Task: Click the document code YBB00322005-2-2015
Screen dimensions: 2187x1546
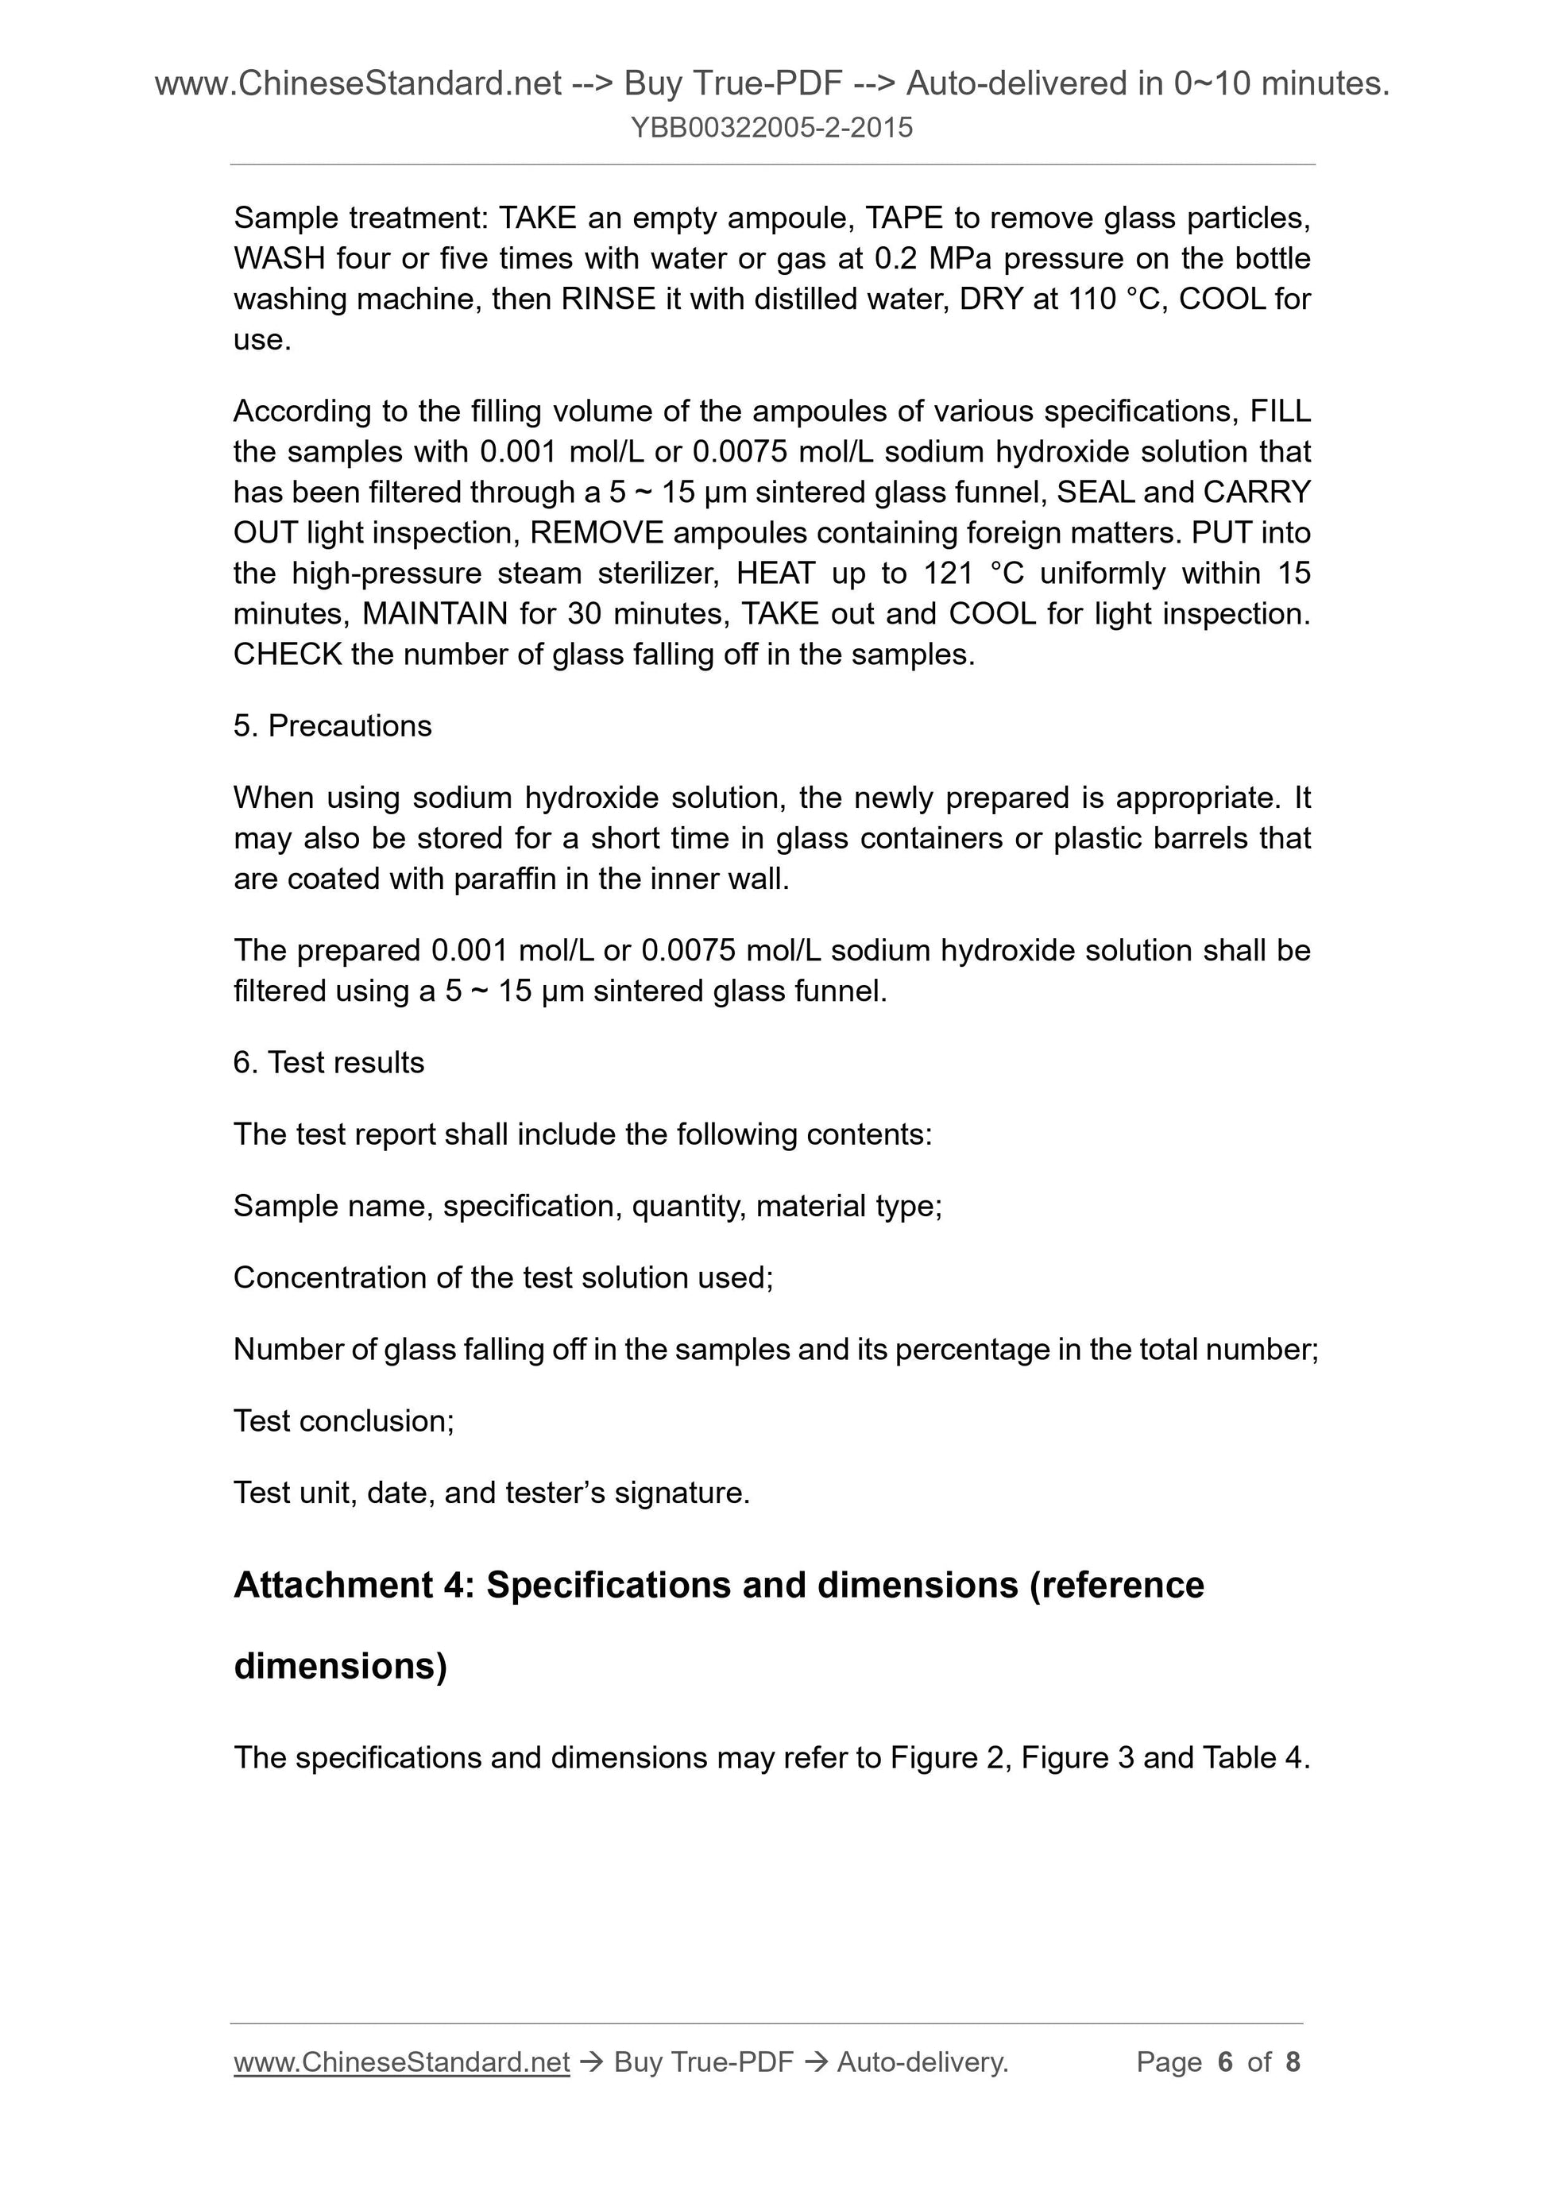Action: pyautogui.click(x=771, y=128)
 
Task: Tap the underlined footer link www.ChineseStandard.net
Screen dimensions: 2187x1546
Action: pyautogui.click(x=401, y=2062)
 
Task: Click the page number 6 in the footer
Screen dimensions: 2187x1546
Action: pyautogui.click(x=1225, y=2062)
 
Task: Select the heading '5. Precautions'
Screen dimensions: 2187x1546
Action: pyautogui.click(x=332, y=726)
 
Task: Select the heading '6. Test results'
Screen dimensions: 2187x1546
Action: pyautogui.click(x=329, y=1062)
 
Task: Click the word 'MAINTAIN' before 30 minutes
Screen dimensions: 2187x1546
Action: pyautogui.click(x=435, y=614)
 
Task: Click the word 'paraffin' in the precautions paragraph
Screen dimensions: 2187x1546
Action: pyautogui.click(x=504, y=879)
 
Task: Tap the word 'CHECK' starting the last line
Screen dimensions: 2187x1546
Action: pyautogui.click(x=288, y=655)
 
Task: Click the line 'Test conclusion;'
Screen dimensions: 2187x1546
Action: pyautogui.click(x=344, y=1421)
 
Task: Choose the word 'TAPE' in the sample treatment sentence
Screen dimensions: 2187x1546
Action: pyautogui.click(x=903, y=219)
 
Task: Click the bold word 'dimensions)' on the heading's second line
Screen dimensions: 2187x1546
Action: pyautogui.click(x=340, y=1666)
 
